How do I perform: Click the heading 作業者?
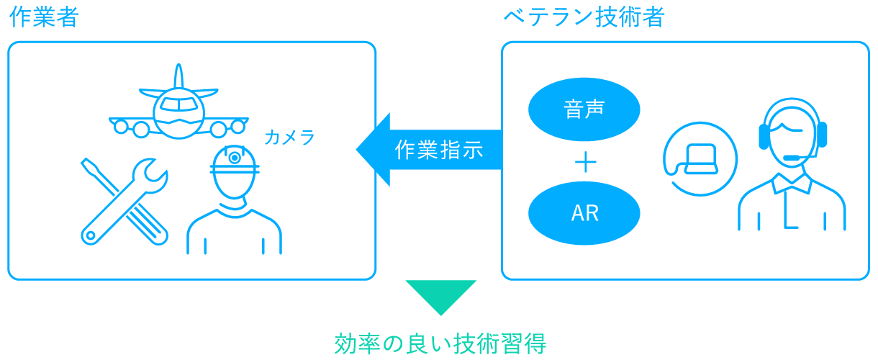[x=44, y=17]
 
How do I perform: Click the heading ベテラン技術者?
[x=584, y=17]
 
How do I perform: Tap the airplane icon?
[x=178, y=102]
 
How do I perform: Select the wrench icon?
[x=125, y=202]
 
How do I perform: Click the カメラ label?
[x=289, y=138]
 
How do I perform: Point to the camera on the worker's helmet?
[x=235, y=158]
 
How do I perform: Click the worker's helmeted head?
[x=235, y=172]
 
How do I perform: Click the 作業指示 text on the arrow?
[x=439, y=150]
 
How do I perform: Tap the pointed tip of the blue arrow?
[x=356, y=150]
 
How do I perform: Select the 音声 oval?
[x=584, y=109]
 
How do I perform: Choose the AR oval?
[x=584, y=213]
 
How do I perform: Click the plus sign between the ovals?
[x=586, y=162]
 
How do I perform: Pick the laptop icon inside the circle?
[x=701, y=159]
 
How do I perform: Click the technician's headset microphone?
[x=792, y=158]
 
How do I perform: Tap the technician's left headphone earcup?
[x=764, y=136]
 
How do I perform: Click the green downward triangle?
[x=441, y=297]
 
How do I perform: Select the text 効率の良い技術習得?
[x=440, y=344]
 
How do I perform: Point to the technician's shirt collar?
[x=792, y=184]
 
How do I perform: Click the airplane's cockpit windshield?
[x=178, y=104]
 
